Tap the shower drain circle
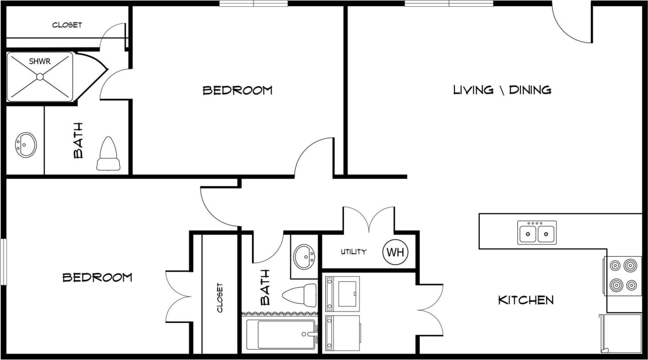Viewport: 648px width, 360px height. (x=40, y=77)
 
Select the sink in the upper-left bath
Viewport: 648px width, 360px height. (x=26, y=144)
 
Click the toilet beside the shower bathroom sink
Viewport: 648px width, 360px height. (x=108, y=154)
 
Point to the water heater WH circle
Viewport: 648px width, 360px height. (x=395, y=252)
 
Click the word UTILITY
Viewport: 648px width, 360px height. (x=354, y=252)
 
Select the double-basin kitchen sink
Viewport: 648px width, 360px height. (x=537, y=233)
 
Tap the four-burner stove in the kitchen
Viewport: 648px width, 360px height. (x=623, y=276)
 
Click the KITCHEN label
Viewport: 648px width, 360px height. (x=526, y=300)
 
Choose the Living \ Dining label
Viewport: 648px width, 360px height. (x=502, y=90)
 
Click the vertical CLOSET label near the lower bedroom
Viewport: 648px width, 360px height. (x=220, y=298)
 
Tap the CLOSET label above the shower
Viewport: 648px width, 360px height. (x=67, y=25)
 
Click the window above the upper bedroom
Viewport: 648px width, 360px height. (x=254, y=3)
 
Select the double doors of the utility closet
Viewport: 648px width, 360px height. (x=369, y=220)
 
